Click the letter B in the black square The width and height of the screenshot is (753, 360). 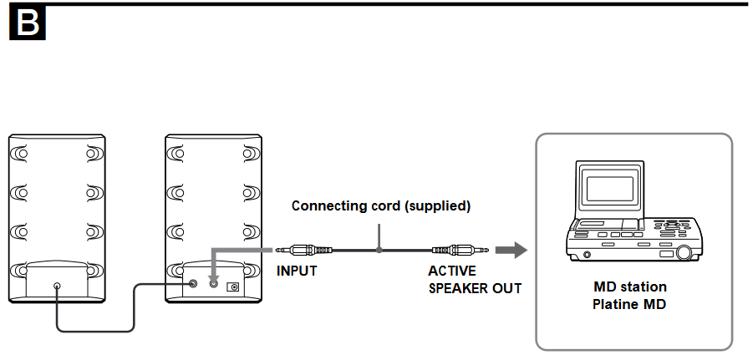[27, 24]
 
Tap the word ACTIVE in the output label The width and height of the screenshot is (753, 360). [451, 271]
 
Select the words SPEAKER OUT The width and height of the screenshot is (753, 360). [475, 288]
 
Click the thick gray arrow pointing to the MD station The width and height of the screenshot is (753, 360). [511, 250]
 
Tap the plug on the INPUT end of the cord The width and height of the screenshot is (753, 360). [301, 250]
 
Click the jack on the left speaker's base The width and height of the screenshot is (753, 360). [57, 286]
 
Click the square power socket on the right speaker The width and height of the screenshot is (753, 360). [233, 286]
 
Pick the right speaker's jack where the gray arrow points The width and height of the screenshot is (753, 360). [213, 285]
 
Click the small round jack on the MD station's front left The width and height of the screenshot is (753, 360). [587, 254]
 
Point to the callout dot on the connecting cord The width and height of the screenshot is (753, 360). [379, 250]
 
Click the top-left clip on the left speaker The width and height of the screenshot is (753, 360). [19, 155]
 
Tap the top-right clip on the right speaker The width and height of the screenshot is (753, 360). [251, 155]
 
